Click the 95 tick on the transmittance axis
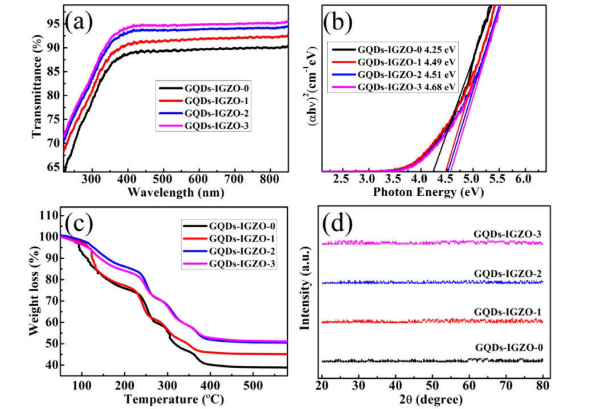click(x=53, y=24)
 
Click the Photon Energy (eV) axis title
click(x=428, y=193)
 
